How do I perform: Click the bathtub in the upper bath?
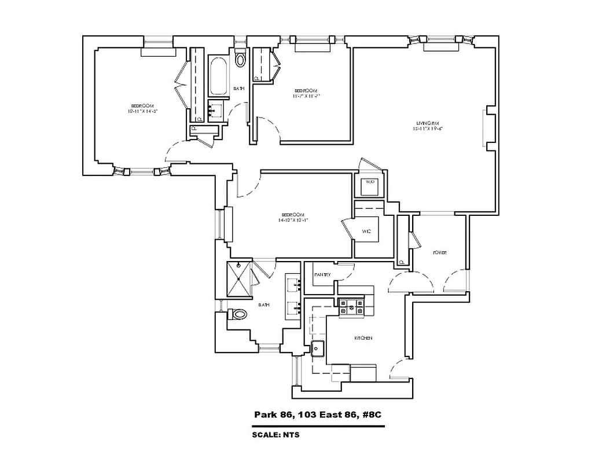click(218, 76)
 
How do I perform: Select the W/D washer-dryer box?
click(369, 187)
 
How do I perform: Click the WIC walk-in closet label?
click(366, 231)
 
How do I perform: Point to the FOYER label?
click(440, 253)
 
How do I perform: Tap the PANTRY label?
click(322, 274)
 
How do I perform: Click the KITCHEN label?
click(363, 338)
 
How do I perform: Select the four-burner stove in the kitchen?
click(351, 306)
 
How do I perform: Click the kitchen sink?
click(318, 348)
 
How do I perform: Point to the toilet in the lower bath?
click(238, 314)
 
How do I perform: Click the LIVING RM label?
click(428, 122)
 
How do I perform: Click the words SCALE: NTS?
click(275, 435)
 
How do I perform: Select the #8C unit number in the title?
click(371, 415)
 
